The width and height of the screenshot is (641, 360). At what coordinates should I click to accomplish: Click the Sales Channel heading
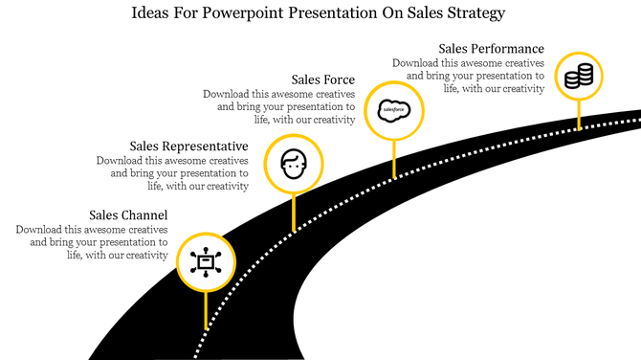128,214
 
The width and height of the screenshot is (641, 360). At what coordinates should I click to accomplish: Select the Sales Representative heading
188,146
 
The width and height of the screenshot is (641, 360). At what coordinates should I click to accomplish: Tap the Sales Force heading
323,79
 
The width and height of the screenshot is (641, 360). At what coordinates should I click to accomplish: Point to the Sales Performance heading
491,48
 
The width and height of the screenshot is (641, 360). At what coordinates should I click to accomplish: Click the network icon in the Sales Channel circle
205,261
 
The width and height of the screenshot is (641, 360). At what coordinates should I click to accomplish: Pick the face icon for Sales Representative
293,164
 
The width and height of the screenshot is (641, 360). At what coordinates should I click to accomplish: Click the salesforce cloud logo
394,110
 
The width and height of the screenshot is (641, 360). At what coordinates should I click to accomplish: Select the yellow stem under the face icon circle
293,213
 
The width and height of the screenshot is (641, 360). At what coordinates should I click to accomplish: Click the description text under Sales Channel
93,242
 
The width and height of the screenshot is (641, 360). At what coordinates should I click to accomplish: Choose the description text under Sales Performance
469,76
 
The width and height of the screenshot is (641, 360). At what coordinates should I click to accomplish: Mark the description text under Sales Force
279,107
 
